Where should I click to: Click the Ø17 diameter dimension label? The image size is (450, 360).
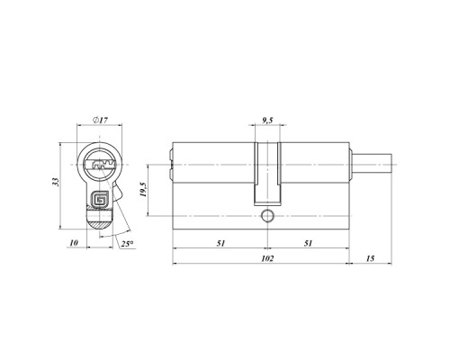[100, 120]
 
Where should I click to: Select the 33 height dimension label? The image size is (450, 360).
[55, 182]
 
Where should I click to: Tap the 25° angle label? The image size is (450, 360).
[127, 244]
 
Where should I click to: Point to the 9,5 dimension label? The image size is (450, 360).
[267, 121]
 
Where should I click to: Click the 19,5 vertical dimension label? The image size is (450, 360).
[143, 190]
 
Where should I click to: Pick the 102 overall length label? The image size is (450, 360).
[267, 258]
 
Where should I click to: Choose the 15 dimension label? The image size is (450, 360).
[371, 258]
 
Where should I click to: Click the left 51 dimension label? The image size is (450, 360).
[220, 243]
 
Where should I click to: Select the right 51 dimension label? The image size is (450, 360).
[308, 243]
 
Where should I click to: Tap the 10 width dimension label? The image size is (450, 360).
[74, 243]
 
